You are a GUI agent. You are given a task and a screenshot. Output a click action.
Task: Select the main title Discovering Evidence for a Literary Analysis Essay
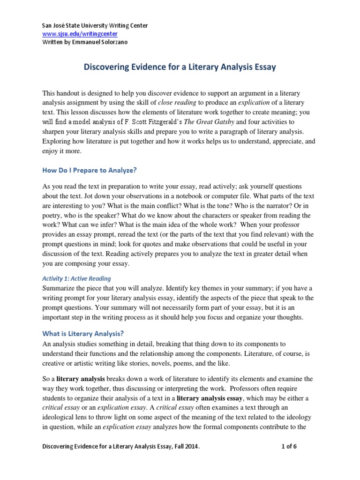click(x=180, y=67)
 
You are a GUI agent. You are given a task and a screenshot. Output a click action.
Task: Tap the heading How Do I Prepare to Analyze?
click(x=89, y=170)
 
